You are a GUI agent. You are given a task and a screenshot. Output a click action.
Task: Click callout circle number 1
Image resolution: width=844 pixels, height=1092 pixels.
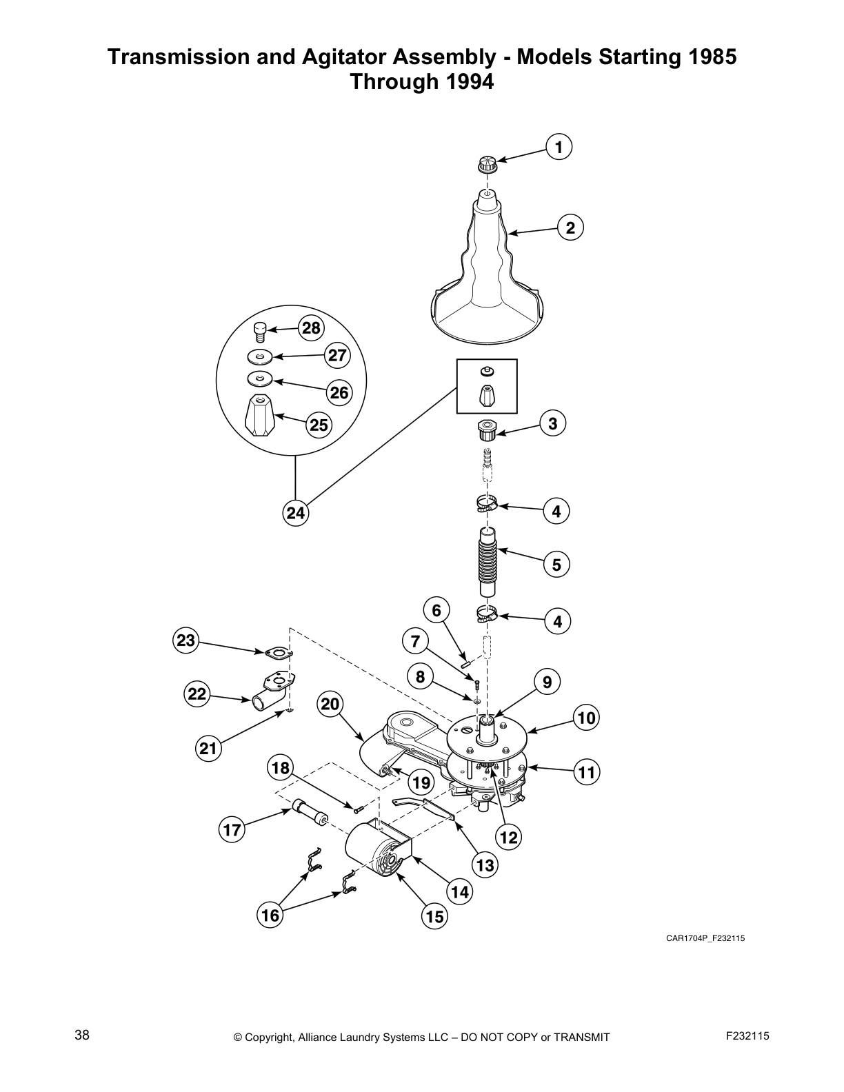tap(559, 147)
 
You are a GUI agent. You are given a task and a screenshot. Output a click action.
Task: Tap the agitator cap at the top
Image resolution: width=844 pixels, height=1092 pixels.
tap(487, 165)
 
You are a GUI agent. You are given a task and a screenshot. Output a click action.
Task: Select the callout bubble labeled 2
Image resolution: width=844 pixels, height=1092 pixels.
tap(570, 228)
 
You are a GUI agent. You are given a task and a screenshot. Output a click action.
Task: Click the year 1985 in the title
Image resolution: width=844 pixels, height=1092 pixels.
tap(710, 57)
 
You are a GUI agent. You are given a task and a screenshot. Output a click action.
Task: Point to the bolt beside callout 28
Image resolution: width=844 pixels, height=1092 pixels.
tap(260, 332)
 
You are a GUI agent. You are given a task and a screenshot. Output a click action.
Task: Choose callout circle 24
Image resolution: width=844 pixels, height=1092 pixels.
tap(295, 513)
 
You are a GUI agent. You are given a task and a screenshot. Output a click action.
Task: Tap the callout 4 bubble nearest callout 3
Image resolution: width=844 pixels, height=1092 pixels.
tap(556, 511)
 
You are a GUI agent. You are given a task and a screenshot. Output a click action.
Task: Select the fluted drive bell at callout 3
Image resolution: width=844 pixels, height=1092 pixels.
tap(487, 432)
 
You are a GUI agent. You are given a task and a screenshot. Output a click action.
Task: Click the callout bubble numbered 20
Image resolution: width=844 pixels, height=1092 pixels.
tap(330, 704)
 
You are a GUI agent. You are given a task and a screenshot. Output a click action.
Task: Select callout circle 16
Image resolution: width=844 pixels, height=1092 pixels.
tap(270, 915)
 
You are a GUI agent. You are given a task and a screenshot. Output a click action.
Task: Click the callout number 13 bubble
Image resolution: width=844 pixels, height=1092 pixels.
tap(485, 865)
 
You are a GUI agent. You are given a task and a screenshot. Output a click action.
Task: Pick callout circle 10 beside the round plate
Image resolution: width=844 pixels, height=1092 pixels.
tap(586, 718)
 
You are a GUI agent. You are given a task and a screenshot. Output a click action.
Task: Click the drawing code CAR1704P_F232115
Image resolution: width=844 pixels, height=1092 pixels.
tap(705, 938)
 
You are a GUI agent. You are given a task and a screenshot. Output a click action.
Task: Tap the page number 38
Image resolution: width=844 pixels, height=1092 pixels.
tap(82, 1035)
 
